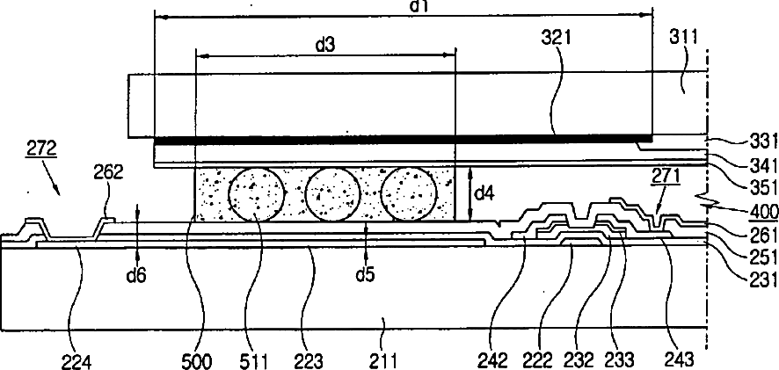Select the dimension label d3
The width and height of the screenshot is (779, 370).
pyautogui.click(x=324, y=42)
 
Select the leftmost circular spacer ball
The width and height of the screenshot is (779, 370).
pyautogui.click(x=256, y=193)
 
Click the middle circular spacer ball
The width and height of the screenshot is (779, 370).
pyautogui.click(x=331, y=193)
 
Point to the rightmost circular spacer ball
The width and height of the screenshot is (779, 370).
pyautogui.click(x=408, y=193)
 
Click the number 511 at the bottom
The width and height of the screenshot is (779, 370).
pyautogui.click(x=253, y=359)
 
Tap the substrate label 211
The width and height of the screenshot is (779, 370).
pyautogui.click(x=384, y=359)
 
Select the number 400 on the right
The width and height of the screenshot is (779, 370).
pyautogui.click(x=758, y=212)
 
